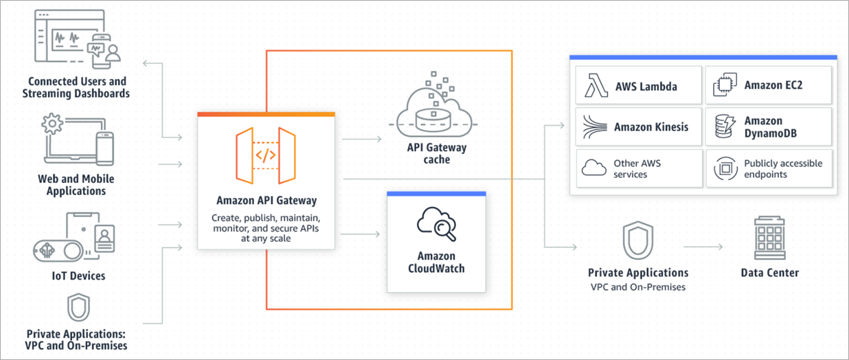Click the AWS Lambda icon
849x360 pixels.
tap(594, 86)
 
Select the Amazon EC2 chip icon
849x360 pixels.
tap(723, 86)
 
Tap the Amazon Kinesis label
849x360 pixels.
tap(650, 126)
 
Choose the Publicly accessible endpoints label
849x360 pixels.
tap(782, 169)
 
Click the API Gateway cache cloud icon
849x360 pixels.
tap(436, 110)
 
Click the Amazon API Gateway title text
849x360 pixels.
tap(267, 201)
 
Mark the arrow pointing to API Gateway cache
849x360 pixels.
tap(362, 139)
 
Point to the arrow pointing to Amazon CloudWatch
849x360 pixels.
tap(360, 234)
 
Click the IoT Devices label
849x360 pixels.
tap(80, 276)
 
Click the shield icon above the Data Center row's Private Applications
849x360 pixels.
tap(637, 240)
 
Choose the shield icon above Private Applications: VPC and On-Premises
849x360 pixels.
tap(76, 306)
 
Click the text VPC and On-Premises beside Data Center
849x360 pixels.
tap(637, 286)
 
